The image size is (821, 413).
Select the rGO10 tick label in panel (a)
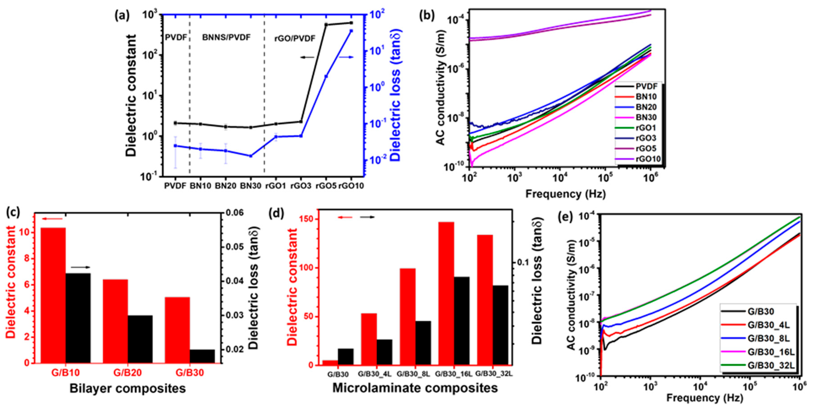click(x=351, y=186)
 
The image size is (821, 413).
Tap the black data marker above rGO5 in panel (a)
click(x=326, y=24)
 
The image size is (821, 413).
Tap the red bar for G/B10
click(x=53, y=295)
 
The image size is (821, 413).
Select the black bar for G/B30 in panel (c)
click(x=202, y=356)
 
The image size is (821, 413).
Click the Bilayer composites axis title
click(x=127, y=389)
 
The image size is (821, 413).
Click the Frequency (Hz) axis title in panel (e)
click(x=704, y=398)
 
